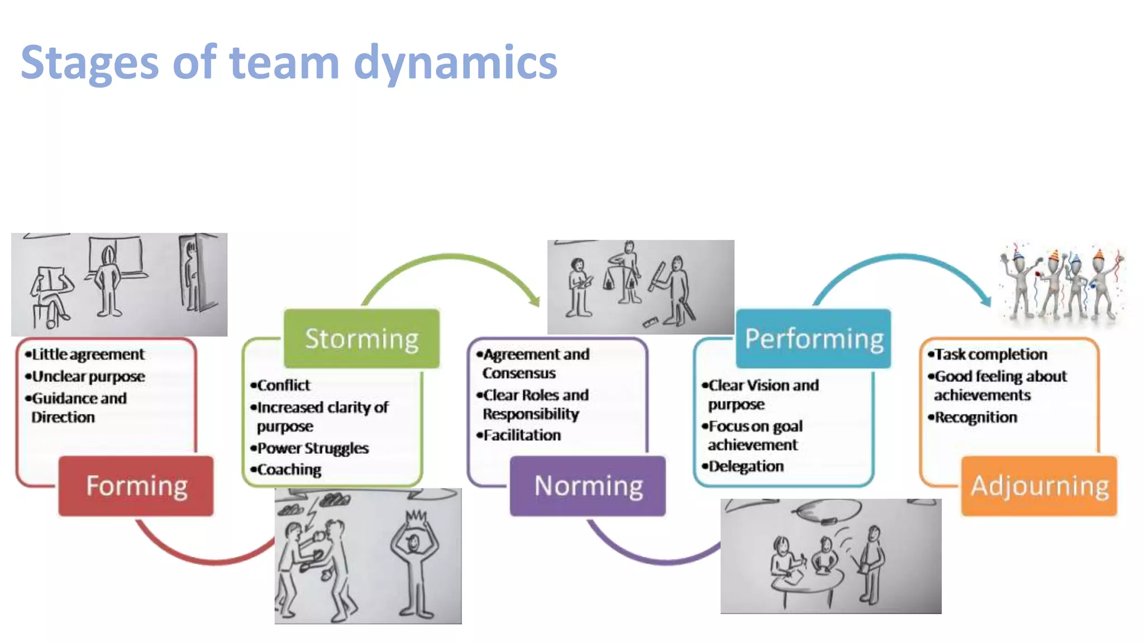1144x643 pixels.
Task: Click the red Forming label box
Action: coord(136,486)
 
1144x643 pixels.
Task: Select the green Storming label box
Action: coord(361,338)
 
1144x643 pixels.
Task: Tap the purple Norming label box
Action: coord(588,486)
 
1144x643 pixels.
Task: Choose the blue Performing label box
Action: coord(813,338)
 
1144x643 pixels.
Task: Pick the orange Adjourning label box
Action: coord(1039,486)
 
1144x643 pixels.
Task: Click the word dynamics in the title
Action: coord(455,63)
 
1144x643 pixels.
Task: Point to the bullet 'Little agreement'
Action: coord(88,354)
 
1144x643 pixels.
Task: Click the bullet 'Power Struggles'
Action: coord(313,448)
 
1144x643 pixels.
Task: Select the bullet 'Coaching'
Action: coord(289,469)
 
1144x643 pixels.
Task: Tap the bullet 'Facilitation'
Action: coord(522,435)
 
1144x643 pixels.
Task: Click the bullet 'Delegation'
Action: coord(746,466)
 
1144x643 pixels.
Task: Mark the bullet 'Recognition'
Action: coord(975,417)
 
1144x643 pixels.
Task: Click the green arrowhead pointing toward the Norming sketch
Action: coord(535,300)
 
